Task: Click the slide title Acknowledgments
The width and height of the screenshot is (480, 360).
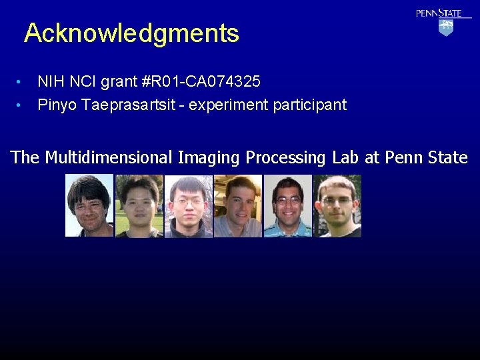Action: click(x=131, y=33)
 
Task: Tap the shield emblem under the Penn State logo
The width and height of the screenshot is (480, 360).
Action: click(x=446, y=27)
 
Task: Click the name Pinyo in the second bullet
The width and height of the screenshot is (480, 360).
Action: click(x=57, y=105)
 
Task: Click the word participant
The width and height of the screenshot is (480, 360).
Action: click(x=309, y=105)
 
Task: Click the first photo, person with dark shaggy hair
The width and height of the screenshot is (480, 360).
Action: click(x=89, y=205)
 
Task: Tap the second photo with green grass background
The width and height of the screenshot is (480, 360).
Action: click(x=139, y=205)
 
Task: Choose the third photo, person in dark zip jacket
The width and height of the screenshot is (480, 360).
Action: click(x=188, y=205)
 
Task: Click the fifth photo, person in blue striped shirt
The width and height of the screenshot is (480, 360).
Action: click(x=287, y=205)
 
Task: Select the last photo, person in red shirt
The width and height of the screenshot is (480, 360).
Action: click(x=337, y=205)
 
